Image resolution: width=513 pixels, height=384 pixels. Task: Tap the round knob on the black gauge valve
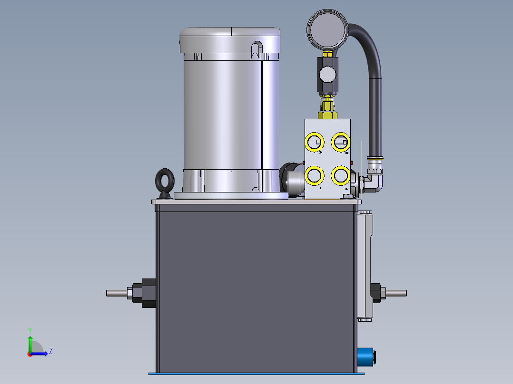pos(327,74)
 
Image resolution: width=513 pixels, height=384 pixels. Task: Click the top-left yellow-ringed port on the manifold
pos(314,142)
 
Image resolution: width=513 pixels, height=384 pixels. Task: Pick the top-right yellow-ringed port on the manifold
pos(341,142)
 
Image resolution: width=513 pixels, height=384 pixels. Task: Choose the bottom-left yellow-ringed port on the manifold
pos(314,176)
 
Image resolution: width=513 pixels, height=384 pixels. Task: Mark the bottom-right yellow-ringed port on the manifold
pos(341,176)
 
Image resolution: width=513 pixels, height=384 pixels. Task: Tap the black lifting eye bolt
pos(164,181)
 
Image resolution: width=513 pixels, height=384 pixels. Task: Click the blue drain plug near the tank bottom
pos(366,356)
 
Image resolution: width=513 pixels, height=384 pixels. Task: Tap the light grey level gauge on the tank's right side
pos(365,266)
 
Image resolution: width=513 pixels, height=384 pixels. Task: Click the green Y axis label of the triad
pos(30,329)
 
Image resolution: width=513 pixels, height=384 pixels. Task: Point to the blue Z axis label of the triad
pos(50,351)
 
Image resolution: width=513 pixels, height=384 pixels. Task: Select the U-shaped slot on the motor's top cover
pos(256,49)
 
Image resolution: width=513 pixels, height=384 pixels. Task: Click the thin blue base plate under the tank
pos(257,374)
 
